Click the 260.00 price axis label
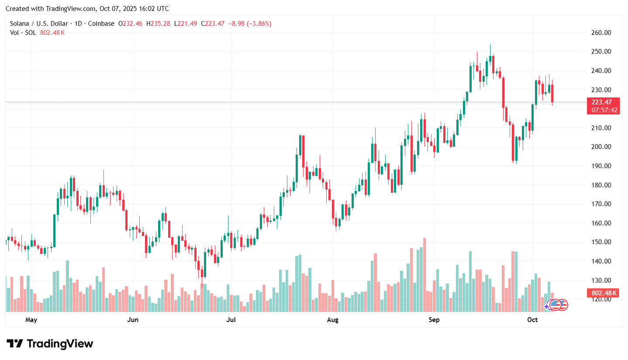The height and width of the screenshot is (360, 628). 601,33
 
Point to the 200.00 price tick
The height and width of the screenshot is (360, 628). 601,147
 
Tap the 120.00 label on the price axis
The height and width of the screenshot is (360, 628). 601,299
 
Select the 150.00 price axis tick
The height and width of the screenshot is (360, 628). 601,242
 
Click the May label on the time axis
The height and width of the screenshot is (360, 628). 31,320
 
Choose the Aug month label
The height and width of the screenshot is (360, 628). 333,320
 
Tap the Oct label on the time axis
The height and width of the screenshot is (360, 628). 532,320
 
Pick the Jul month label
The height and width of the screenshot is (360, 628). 231,320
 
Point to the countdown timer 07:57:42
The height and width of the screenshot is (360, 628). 604,110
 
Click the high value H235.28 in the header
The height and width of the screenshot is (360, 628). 159,24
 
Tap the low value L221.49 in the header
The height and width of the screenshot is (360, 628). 186,24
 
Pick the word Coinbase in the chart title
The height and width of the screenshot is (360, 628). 102,24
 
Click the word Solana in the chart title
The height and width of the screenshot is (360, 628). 20,24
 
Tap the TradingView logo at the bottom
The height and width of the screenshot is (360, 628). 50,344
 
